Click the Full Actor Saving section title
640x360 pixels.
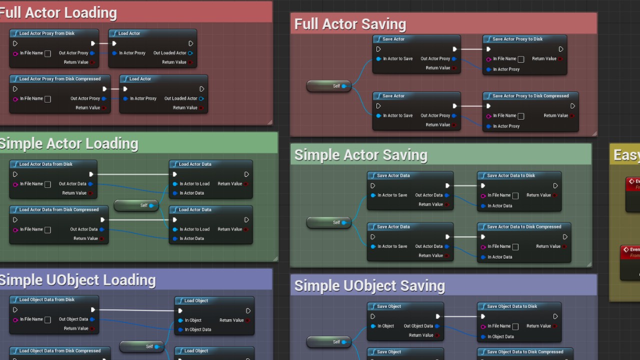(x=350, y=24)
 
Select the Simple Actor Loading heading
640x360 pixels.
(x=69, y=144)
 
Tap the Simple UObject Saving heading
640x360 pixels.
(x=369, y=286)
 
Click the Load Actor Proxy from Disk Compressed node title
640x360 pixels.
(x=60, y=79)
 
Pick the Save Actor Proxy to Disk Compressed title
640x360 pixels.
(x=530, y=96)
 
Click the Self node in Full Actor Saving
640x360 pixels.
(x=329, y=86)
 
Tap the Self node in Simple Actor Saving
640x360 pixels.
(x=329, y=222)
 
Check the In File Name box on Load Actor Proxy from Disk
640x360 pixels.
(x=47, y=53)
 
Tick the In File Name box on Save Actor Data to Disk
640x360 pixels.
(x=515, y=196)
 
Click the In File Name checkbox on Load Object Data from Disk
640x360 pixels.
(x=47, y=319)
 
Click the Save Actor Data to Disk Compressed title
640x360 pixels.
(x=524, y=227)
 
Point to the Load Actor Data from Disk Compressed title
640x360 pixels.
(x=59, y=210)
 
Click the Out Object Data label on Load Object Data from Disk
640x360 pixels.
(x=73, y=319)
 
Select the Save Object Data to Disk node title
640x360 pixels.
(x=512, y=306)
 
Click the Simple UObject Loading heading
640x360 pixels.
(x=78, y=280)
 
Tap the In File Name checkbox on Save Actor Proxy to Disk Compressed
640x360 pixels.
(x=521, y=116)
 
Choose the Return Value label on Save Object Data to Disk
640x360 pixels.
(x=538, y=326)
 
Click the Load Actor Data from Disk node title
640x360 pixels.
(x=46, y=164)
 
